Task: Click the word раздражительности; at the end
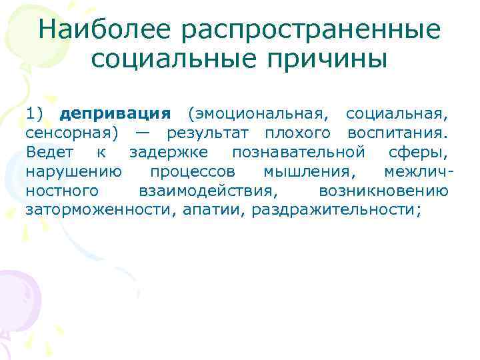[333, 210]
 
